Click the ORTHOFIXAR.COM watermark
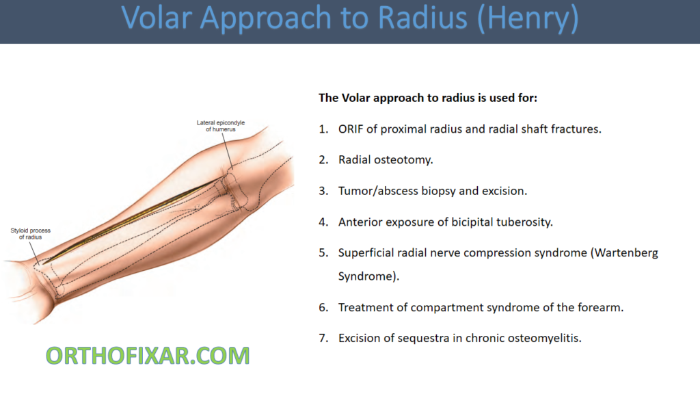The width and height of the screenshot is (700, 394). coord(148,356)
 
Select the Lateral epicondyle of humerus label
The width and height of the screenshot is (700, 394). coord(221,126)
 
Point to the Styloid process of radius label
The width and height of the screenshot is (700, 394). coord(30,233)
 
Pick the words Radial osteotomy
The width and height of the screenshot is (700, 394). coord(386,159)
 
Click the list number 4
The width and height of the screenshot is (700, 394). coord(323,222)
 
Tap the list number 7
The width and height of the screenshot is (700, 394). coord(323,338)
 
